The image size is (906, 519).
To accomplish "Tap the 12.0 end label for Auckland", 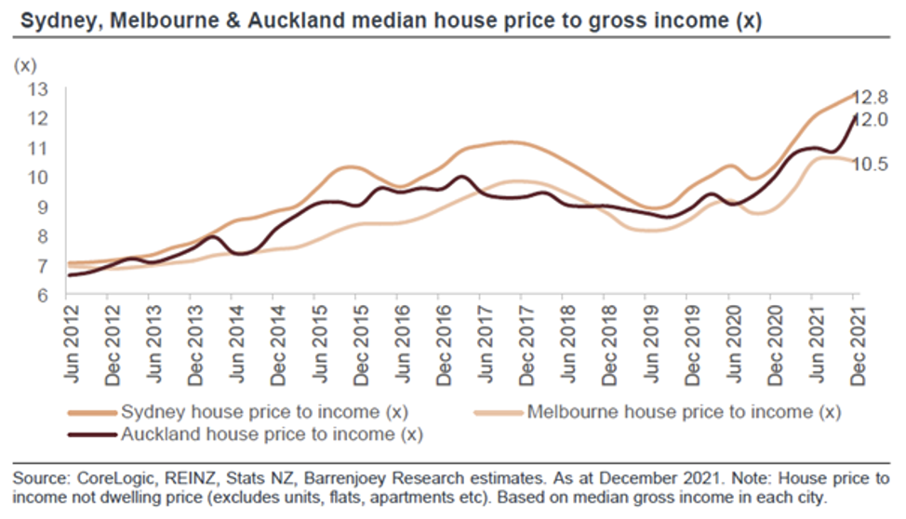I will tap(872, 119).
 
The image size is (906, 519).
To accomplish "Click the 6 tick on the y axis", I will tap(42, 296).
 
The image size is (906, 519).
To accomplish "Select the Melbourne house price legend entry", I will tap(683, 412).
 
